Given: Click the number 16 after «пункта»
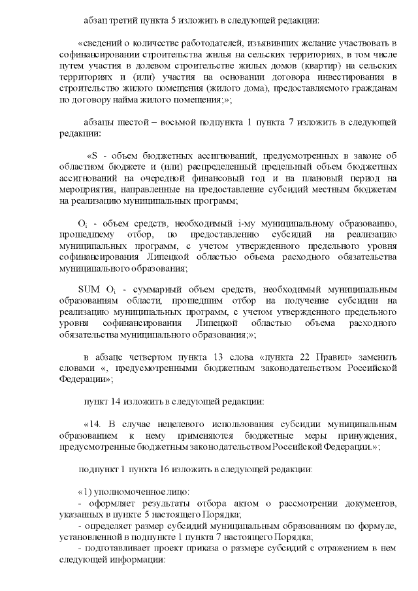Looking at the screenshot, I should coord(158,469).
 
